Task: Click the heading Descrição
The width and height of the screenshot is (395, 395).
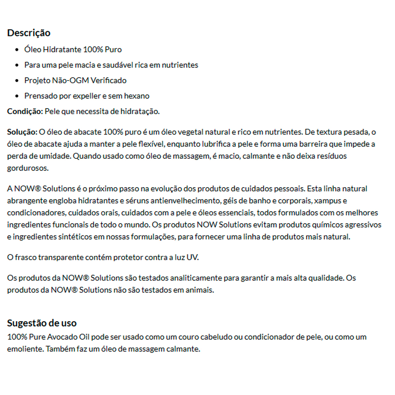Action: point(29,33)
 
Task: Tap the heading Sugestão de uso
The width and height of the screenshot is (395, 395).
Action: point(42,323)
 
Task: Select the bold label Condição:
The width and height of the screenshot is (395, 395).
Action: point(25,111)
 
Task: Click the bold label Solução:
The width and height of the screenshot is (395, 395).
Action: point(22,132)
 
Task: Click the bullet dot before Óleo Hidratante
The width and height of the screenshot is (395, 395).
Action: point(17,50)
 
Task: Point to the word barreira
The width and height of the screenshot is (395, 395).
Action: point(300,144)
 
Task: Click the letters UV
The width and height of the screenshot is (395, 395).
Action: point(194,258)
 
